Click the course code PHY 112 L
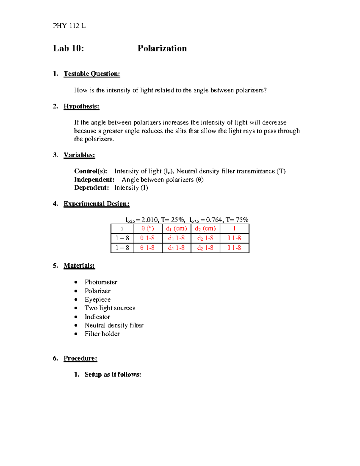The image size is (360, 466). click(69, 26)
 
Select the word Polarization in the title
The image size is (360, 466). click(162, 48)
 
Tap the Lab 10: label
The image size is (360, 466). click(68, 48)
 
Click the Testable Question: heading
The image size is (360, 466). click(91, 74)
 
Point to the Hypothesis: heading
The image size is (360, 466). click(81, 106)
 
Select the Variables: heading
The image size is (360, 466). click(79, 155)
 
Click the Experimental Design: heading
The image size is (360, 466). click(96, 204)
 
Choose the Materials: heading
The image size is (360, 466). click(79, 266)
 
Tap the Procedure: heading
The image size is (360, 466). click(80, 358)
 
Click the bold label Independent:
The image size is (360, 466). click(94, 179)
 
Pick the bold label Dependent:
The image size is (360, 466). click(91, 188)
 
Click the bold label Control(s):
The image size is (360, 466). click(91, 171)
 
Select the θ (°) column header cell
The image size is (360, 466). click(148, 228)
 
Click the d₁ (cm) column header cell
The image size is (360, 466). click(176, 228)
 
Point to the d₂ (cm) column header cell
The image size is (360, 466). click(205, 228)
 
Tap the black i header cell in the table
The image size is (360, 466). click(122, 228)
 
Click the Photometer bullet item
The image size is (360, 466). click(101, 282)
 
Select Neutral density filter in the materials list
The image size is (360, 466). click(114, 325)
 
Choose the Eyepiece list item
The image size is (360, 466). click(97, 299)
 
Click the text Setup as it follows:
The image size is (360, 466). click(112, 374)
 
